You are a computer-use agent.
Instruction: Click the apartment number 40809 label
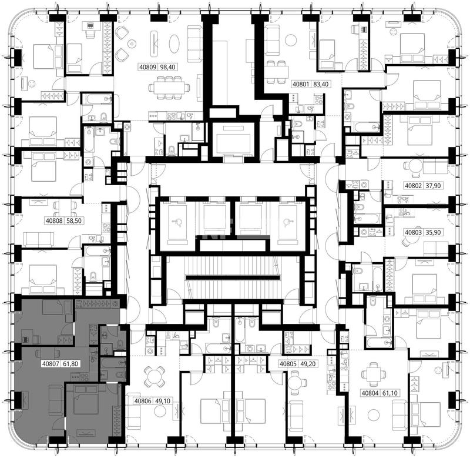[148, 66]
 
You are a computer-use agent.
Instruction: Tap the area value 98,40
[167, 66]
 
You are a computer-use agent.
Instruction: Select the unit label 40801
[301, 84]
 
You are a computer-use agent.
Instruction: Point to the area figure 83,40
[321, 84]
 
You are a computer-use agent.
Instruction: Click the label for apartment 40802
[414, 186]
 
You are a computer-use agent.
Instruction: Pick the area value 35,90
[433, 232]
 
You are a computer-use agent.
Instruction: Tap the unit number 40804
[370, 393]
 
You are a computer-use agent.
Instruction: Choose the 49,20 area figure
[308, 364]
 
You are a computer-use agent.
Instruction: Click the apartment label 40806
[143, 401]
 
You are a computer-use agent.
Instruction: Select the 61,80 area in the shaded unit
[70, 364]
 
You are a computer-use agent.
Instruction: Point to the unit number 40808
[54, 220]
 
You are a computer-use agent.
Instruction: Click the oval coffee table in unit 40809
[174, 44]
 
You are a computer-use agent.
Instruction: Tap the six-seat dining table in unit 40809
[169, 88]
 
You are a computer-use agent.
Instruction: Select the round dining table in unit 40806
[154, 377]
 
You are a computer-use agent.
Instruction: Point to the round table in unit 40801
[290, 40]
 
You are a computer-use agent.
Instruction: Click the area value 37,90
[433, 186]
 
